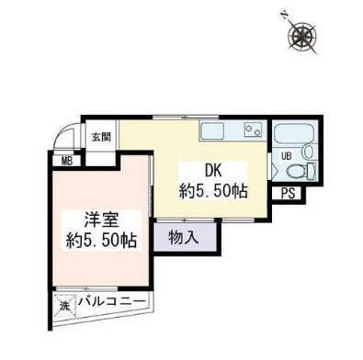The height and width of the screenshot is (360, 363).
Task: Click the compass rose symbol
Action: (x=302, y=37)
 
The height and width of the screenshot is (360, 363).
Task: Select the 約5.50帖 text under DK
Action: (x=212, y=191)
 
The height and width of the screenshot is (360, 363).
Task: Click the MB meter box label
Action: (x=67, y=163)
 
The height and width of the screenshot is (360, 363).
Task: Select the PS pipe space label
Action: (x=289, y=193)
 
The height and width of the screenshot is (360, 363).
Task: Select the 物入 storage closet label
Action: (x=183, y=238)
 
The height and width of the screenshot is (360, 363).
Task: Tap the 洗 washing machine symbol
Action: (x=64, y=300)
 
